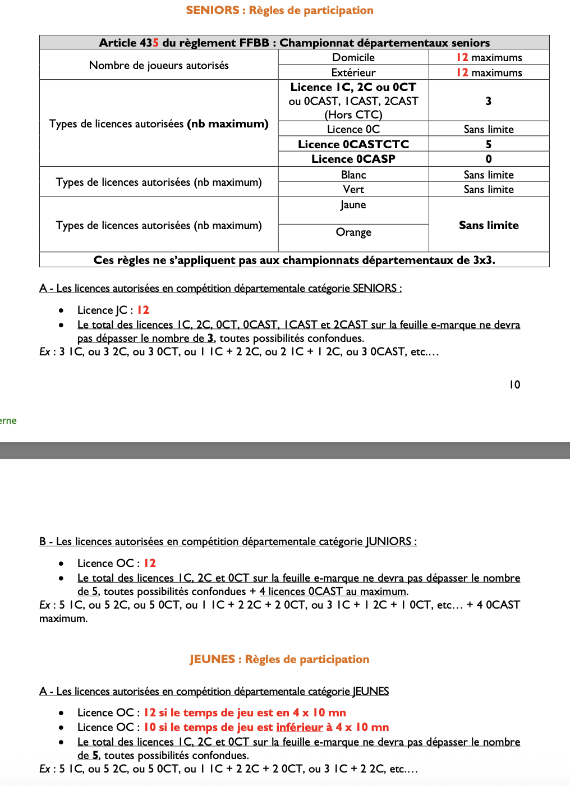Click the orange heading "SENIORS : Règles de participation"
point(279,10)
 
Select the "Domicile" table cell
point(353,57)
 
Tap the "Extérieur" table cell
point(353,72)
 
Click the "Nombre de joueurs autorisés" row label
point(159,65)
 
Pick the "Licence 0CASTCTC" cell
point(353,144)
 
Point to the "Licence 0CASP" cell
point(353,159)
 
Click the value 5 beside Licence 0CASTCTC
point(489,144)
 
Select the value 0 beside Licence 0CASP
point(489,159)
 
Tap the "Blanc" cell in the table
point(353,175)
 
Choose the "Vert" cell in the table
point(353,189)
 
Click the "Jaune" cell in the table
point(353,205)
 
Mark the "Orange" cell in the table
point(353,232)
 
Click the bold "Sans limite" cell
point(489,225)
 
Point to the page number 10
point(514,385)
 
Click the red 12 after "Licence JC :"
point(143,310)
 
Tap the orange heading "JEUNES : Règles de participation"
point(279,659)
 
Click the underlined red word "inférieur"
point(300,727)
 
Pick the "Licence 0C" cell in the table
point(353,129)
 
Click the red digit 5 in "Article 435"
point(156,43)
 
